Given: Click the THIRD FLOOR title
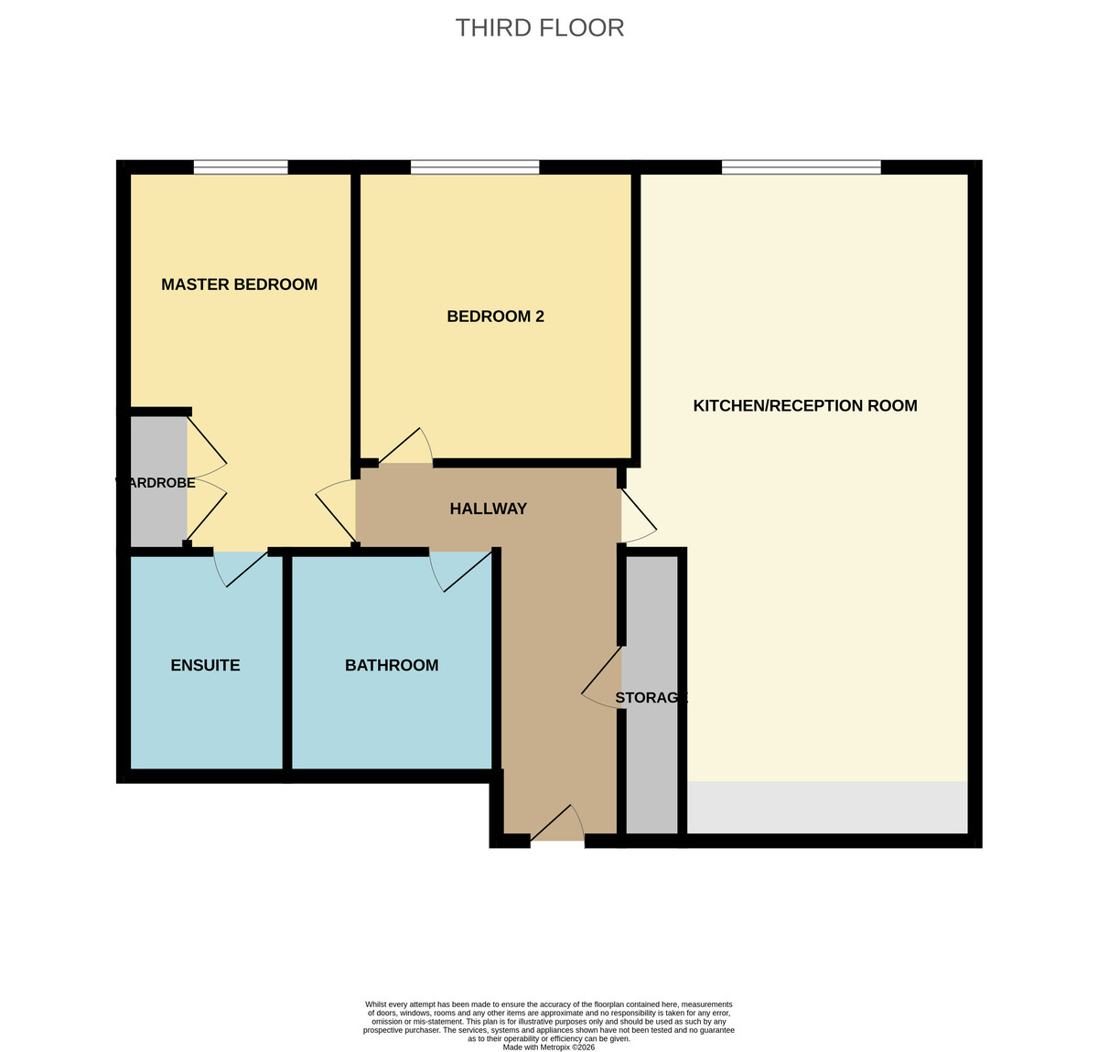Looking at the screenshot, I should tap(540, 28).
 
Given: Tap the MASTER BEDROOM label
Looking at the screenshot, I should tap(239, 284).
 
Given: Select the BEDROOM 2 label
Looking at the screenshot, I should tap(495, 317).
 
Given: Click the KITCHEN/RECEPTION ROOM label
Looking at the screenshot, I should tap(804, 406).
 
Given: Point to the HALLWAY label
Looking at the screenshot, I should tap(488, 509).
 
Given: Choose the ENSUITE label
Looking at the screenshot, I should tap(205, 665).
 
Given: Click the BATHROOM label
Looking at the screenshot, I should tap(391, 665).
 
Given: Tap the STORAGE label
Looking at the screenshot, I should tap(651, 698).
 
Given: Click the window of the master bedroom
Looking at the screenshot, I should tap(241, 167).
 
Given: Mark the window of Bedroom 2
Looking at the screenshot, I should tap(474, 167).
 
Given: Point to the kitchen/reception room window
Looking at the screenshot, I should tap(801, 167).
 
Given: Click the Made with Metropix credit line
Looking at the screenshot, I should tap(548, 1047).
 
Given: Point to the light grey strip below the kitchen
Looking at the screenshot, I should tap(826, 808).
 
